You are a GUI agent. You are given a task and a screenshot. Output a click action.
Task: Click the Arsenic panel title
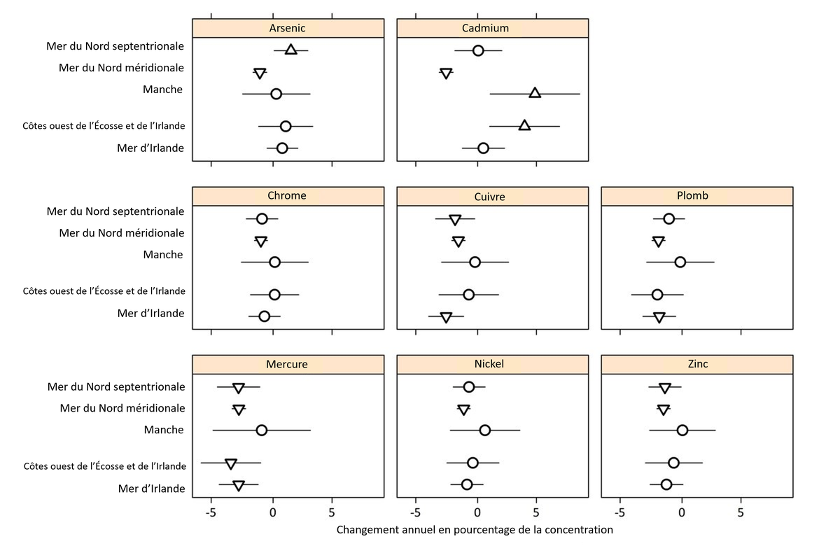(x=288, y=28)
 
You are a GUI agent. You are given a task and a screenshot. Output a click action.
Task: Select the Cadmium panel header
(x=492, y=28)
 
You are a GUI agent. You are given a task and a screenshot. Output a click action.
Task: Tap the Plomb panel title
(x=696, y=196)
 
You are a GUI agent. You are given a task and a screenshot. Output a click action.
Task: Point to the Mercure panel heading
(x=287, y=364)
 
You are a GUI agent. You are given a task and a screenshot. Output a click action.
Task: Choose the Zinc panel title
(x=696, y=364)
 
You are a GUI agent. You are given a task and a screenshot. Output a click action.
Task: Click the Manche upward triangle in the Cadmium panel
(x=535, y=93)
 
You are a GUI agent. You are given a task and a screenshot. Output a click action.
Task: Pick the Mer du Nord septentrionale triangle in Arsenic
(x=290, y=50)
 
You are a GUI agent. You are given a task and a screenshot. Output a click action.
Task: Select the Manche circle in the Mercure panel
(x=262, y=430)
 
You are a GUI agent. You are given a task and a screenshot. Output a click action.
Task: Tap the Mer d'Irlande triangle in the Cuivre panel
(x=446, y=317)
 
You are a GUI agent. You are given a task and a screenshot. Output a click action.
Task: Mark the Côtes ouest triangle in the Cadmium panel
(x=524, y=125)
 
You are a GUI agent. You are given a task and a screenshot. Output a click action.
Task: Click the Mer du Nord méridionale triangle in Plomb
(x=658, y=241)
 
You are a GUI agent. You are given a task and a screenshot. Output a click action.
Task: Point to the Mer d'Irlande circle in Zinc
(x=666, y=484)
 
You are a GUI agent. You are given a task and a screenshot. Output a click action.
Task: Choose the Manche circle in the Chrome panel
(x=274, y=262)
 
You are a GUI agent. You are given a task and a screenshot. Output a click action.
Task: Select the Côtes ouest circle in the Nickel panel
(x=472, y=463)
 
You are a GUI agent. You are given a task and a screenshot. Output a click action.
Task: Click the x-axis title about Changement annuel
(x=475, y=530)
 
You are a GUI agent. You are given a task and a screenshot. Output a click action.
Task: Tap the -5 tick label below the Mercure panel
(x=211, y=512)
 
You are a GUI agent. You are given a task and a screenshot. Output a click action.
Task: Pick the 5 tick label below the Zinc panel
(x=741, y=512)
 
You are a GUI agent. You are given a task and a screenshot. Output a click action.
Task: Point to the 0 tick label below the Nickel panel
(x=477, y=512)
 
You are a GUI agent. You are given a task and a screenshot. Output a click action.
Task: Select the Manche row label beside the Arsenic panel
(x=162, y=89)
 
